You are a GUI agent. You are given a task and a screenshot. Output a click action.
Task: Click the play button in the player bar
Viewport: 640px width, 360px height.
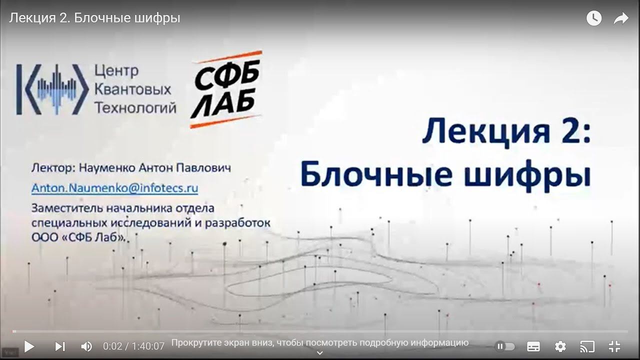[x=29, y=346]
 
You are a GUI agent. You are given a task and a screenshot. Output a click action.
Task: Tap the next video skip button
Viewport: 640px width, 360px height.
[x=60, y=346]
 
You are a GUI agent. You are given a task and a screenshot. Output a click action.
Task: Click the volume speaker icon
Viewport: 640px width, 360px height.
[x=86, y=346]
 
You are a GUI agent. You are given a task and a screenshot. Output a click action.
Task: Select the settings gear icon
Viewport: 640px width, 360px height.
[x=560, y=346]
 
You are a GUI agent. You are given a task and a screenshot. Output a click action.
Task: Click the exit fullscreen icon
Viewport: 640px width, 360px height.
[x=614, y=346]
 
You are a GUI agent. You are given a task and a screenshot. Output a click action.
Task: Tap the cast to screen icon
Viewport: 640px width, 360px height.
[x=587, y=346]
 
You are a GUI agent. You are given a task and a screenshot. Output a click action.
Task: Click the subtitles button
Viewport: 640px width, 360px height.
[x=533, y=346]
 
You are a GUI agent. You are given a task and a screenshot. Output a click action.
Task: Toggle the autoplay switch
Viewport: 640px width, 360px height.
[x=505, y=346]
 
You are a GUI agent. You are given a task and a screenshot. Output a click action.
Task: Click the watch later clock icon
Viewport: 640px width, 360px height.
[x=594, y=18]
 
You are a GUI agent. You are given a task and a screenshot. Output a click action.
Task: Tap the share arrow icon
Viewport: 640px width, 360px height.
[x=620, y=18]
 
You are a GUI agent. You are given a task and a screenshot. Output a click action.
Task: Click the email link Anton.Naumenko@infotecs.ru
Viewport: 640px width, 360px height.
[x=114, y=188]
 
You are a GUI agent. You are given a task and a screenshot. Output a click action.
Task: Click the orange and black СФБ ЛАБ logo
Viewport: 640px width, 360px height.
[x=226, y=89]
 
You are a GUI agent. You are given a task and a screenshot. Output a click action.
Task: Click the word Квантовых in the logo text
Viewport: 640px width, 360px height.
[x=132, y=89]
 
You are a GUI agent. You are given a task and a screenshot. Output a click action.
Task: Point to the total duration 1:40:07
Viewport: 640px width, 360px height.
[x=148, y=346]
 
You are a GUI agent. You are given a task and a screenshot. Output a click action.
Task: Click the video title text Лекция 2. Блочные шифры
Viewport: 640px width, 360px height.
[x=94, y=18]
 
